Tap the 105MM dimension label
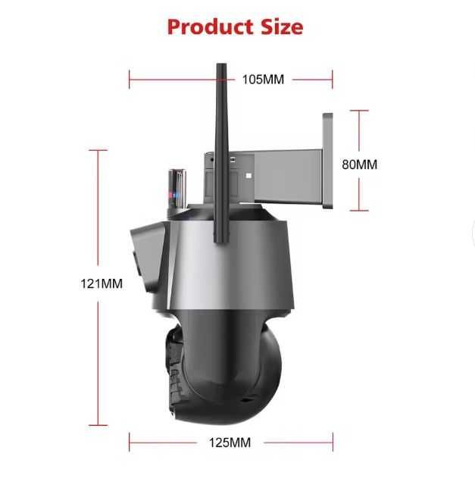[263, 80]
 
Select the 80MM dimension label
[359, 164]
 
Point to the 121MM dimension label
[102, 283]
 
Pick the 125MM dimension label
[230, 443]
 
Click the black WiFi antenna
[221, 153]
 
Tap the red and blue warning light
[177, 189]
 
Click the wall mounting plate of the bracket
[327, 161]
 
